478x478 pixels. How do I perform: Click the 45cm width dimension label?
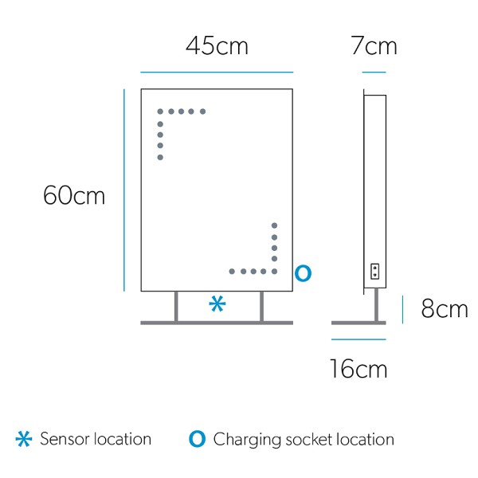(217, 45)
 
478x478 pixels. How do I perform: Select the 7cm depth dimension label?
(374, 45)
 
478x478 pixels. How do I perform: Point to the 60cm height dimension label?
(74, 195)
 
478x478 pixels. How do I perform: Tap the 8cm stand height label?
(445, 308)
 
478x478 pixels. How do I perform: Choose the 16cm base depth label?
(358, 369)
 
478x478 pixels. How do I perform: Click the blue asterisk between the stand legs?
(217, 304)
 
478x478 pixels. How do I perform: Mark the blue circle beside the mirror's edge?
(303, 273)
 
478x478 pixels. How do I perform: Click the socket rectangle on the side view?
(374, 272)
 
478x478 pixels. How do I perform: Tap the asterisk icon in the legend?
(24, 439)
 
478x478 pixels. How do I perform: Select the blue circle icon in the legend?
(197, 439)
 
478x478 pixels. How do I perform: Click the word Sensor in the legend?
(65, 439)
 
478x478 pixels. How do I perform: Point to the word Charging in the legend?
(247, 441)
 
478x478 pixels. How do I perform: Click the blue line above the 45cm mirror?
(217, 72)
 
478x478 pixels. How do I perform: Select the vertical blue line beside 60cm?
(124, 190)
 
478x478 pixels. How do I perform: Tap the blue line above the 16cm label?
(358, 339)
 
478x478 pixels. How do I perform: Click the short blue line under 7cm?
(374, 72)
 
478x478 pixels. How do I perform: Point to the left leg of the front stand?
(176, 307)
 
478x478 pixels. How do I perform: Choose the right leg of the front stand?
(261, 307)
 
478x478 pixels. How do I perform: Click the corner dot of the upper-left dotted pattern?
(160, 112)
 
